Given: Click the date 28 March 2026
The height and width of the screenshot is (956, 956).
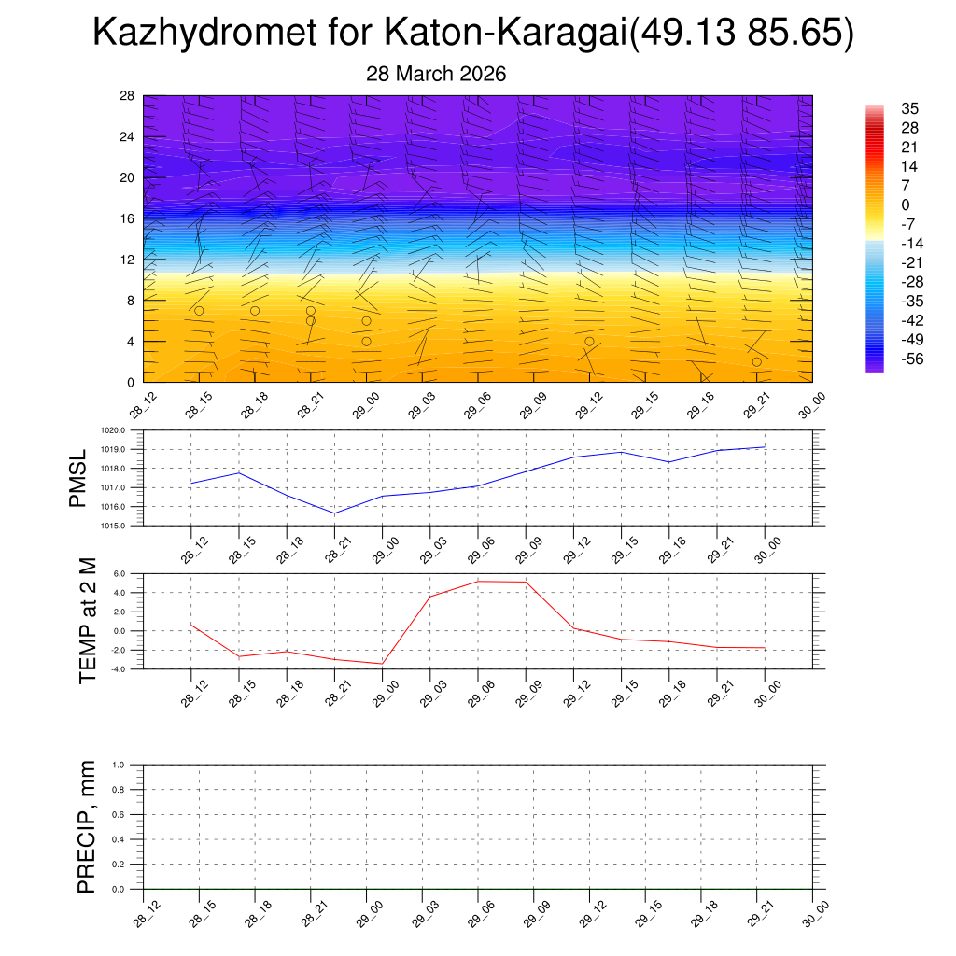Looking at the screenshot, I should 436,75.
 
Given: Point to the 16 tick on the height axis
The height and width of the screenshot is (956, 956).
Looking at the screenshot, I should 128,218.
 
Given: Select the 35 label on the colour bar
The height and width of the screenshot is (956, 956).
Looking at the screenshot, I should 909,108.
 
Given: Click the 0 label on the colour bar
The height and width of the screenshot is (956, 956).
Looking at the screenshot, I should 905,204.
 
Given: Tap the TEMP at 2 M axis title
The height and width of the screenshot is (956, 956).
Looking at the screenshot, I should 88,621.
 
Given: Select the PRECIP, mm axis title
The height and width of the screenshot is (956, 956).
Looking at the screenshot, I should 87,827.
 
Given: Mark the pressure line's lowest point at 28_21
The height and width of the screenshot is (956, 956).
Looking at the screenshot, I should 334,513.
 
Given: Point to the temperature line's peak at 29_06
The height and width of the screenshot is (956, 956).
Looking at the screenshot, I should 478,582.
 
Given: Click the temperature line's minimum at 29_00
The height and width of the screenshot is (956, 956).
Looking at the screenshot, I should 382,664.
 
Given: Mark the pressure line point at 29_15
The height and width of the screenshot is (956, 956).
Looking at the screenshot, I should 622,452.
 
